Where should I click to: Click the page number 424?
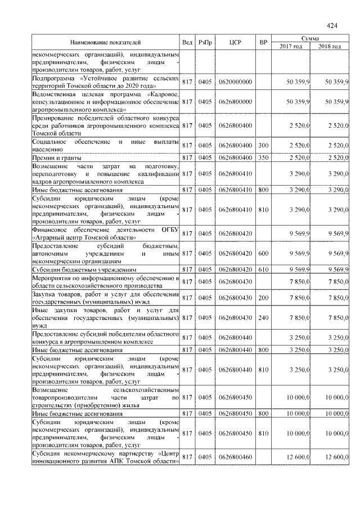click(332, 25)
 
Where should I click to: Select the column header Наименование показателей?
click(106, 43)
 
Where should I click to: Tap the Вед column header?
click(188, 43)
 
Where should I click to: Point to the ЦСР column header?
click(236, 43)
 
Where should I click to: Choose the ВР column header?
click(263, 43)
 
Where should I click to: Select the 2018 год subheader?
click(330, 46)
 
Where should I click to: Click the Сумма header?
click(310, 38)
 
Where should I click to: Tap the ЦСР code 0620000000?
click(236, 82)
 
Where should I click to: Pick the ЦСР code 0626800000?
click(236, 102)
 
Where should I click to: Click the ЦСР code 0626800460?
click(236, 458)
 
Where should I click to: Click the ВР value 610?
click(263, 269)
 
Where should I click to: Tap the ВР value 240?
click(263, 318)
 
